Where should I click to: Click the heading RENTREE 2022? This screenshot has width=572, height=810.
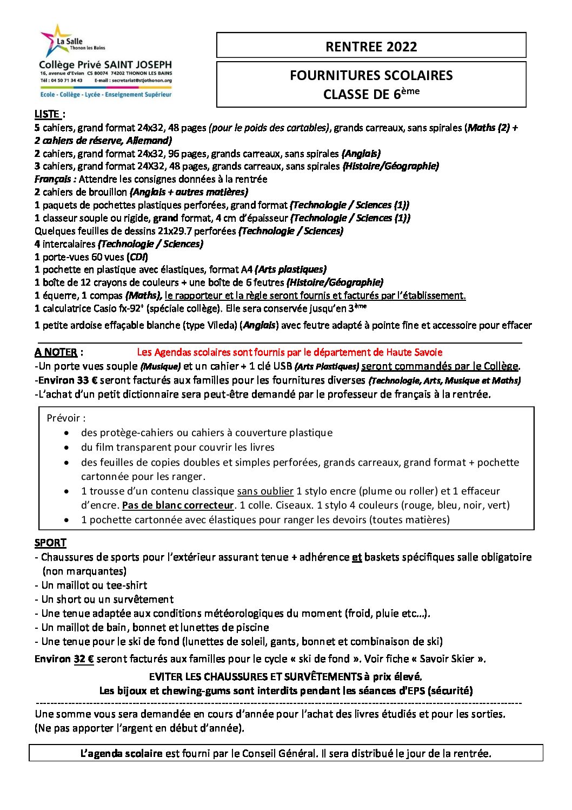[371, 47]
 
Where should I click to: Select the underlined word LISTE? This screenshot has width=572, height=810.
[47, 114]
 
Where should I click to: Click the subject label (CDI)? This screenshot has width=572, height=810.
[137, 257]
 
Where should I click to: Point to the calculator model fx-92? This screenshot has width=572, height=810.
[130, 308]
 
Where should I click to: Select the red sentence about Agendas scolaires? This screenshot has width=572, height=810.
[289, 352]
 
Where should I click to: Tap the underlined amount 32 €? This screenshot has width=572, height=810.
[84, 659]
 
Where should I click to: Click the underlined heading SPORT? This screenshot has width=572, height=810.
[50, 543]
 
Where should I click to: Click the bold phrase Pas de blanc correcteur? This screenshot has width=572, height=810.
[178, 505]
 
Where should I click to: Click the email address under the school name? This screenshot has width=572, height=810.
[141, 80]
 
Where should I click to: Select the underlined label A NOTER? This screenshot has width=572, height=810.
[56, 352]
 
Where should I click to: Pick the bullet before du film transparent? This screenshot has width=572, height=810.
[66, 448]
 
